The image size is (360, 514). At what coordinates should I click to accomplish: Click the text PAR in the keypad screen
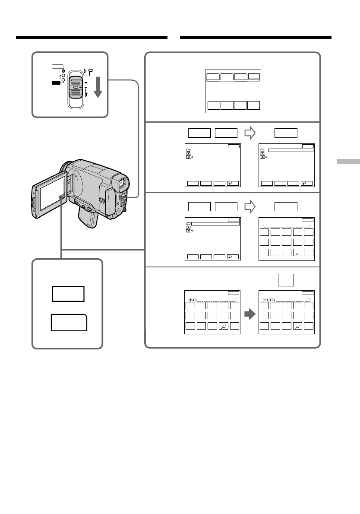tap(193, 299)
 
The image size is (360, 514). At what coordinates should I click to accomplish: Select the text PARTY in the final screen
tap(270, 299)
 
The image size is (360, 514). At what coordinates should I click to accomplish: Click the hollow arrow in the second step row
tap(250, 133)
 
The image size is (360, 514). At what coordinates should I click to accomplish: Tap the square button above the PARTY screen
tap(286, 280)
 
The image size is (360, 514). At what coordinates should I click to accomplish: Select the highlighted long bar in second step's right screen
tap(291, 150)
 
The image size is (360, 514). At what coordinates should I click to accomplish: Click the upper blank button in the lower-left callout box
tap(68, 294)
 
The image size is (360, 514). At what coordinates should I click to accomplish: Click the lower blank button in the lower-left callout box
tap(69, 323)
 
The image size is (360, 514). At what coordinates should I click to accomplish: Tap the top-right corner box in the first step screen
tap(254, 76)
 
